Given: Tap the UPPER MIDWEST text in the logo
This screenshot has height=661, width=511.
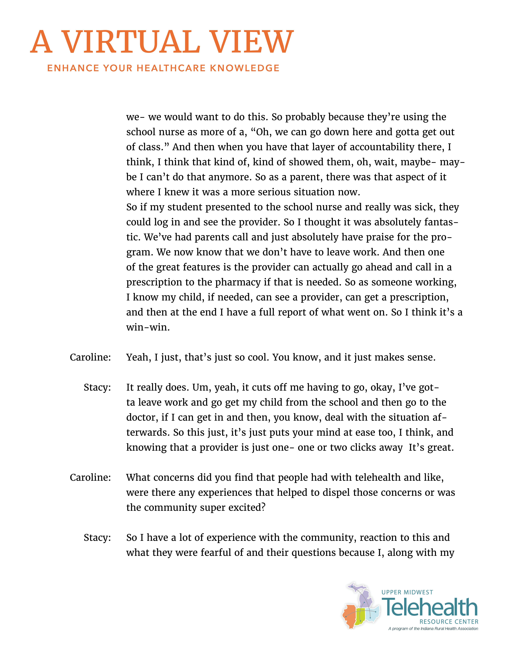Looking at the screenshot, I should click(x=407, y=592).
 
